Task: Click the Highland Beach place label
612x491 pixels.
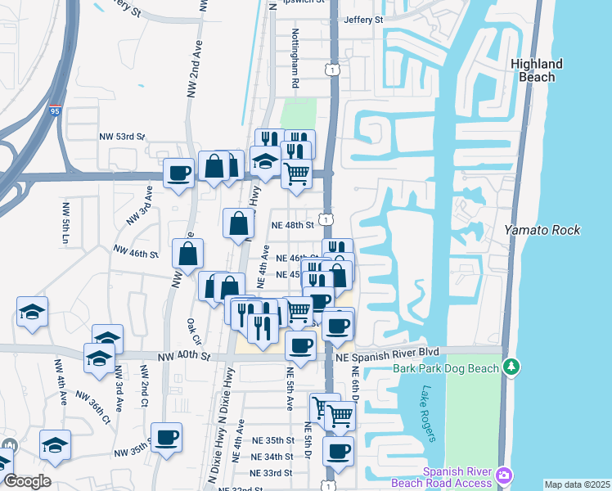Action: (x=536, y=70)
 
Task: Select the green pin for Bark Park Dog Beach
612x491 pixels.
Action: (x=512, y=365)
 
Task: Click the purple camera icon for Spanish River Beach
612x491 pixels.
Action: (x=505, y=475)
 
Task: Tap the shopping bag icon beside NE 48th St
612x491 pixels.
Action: (x=238, y=223)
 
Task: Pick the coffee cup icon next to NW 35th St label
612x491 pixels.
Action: (x=167, y=439)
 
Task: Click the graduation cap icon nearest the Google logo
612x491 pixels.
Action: (x=55, y=444)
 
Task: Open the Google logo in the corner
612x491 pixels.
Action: (x=26, y=480)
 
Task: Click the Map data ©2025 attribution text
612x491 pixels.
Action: (x=577, y=484)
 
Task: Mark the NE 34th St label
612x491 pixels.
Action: (x=272, y=457)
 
